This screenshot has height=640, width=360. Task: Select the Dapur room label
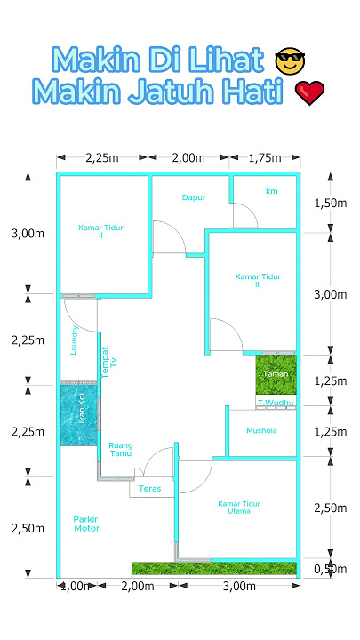click(194, 197)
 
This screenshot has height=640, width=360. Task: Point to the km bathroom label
click(271, 191)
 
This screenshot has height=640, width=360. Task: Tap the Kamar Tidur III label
click(259, 281)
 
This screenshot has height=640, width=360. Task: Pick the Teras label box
click(149, 489)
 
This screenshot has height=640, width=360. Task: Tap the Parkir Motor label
click(87, 524)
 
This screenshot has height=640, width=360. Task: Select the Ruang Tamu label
click(120, 450)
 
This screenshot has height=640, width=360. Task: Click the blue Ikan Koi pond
click(78, 415)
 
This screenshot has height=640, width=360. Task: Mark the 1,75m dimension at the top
click(263, 158)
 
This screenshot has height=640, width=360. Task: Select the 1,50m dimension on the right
click(330, 203)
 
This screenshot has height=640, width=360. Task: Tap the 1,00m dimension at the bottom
click(76, 588)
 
